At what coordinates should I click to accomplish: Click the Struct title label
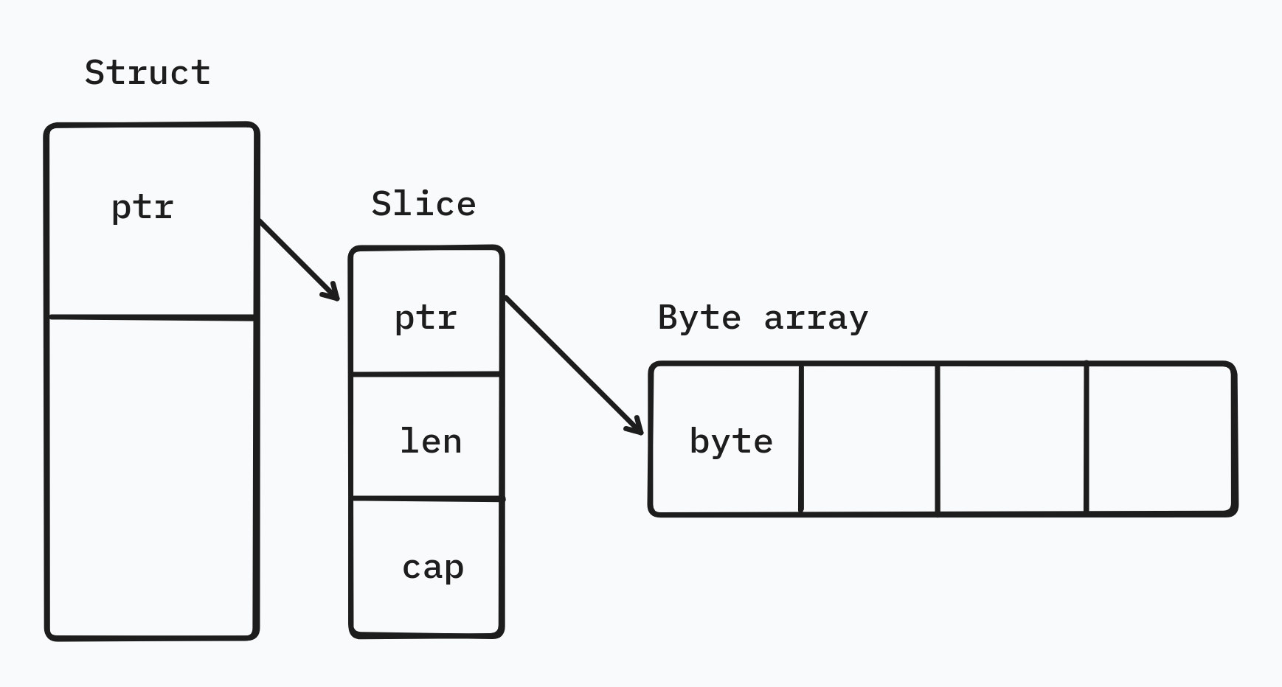click(148, 73)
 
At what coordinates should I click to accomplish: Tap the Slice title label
click(423, 204)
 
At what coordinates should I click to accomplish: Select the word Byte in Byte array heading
click(699, 318)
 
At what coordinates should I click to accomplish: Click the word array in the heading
click(816, 318)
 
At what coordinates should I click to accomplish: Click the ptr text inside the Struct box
click(142, 208)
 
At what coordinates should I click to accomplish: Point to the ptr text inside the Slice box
click(426, 318)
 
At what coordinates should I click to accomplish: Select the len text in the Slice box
click(431, 442)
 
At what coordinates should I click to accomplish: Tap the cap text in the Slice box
click(433, 568)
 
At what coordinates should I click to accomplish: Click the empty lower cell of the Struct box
click(151, 475)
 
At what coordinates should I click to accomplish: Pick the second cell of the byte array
click(869, 439)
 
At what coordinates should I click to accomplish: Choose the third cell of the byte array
click(1011, 439)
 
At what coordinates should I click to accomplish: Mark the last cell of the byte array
click(1160, 439)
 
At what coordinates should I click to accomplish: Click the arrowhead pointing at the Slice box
click(332, 293)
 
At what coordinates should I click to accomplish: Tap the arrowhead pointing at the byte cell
click(636, 427)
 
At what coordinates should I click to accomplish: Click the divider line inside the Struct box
click(151, 318)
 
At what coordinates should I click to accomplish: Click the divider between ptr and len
click(426, 374)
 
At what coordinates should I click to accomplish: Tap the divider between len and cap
click(426, 499)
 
